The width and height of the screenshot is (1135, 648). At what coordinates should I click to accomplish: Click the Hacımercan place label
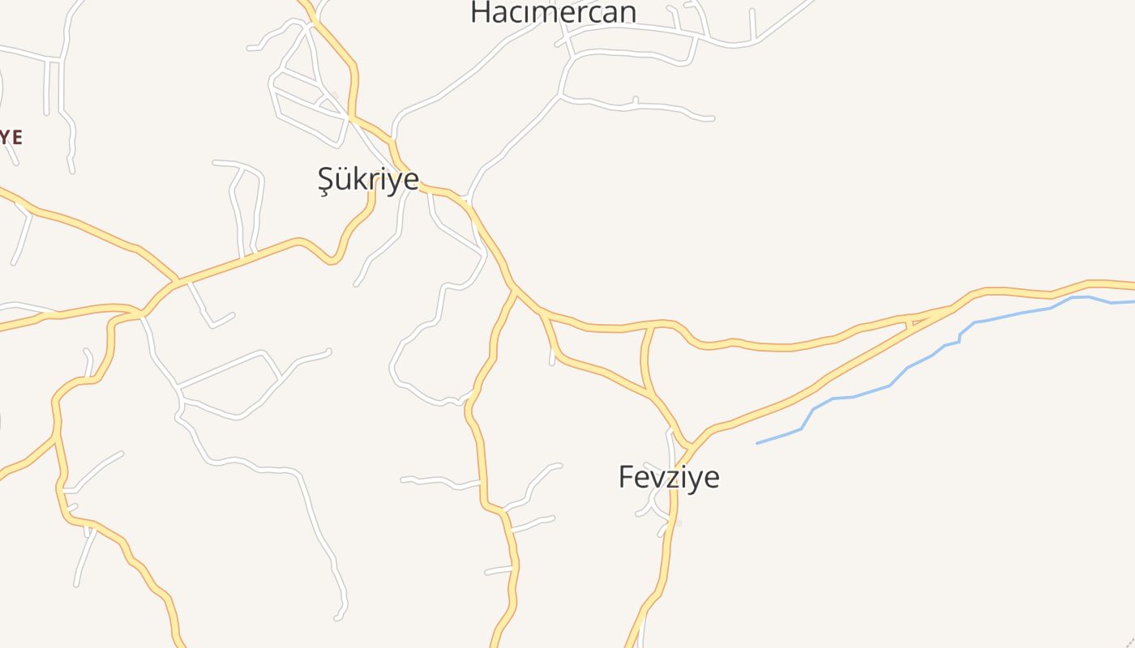point(553,12)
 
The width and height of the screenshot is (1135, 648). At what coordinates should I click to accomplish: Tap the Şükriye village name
point(368,179)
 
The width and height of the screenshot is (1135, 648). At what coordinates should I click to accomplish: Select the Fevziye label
point(669,476)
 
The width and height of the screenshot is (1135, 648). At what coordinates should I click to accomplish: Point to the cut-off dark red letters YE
point(10,137)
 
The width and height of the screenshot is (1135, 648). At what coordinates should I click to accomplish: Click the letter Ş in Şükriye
point(325,180)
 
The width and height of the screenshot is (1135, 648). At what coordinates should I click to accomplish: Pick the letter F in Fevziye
point(626,476)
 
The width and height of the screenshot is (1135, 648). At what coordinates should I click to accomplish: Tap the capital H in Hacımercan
point(481,12)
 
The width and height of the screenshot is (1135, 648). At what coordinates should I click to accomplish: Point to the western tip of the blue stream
point(758,443)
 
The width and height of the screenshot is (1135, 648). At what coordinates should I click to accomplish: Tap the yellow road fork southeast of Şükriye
point(516,288)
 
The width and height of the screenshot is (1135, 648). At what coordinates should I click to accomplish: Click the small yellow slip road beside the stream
point(910,322)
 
